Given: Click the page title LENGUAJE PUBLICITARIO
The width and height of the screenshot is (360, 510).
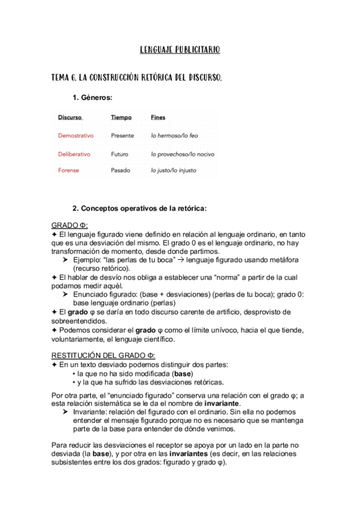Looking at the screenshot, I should (180, 50).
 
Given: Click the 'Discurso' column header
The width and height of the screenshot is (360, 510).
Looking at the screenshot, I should (70, 117).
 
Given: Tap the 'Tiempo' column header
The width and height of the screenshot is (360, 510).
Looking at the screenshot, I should (121, 117).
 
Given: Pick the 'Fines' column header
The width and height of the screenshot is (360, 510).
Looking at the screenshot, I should (158, 117).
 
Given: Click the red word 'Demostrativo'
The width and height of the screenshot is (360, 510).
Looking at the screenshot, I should (76, 136).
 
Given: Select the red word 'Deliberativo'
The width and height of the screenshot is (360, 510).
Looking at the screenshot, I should (74, 154).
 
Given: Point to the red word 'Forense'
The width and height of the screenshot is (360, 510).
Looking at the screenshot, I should (69, 170).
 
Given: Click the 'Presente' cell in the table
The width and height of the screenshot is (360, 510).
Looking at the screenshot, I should (123, 136).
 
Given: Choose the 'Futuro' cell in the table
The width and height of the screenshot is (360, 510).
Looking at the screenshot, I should (120, 154).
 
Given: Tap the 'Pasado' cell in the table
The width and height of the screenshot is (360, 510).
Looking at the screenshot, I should (120, 170).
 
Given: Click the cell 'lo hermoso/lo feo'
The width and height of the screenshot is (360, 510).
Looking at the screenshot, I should (174, 136).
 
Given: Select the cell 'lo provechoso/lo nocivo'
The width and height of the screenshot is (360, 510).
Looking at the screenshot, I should (182, 154).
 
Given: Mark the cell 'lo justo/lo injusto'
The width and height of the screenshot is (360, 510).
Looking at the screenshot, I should (174, 170).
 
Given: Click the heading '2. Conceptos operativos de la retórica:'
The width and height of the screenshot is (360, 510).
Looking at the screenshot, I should (139, 209).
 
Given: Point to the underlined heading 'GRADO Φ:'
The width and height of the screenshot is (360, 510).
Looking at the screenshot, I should (70, 225).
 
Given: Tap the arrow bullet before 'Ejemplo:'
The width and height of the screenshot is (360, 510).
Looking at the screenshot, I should (66, 259).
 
